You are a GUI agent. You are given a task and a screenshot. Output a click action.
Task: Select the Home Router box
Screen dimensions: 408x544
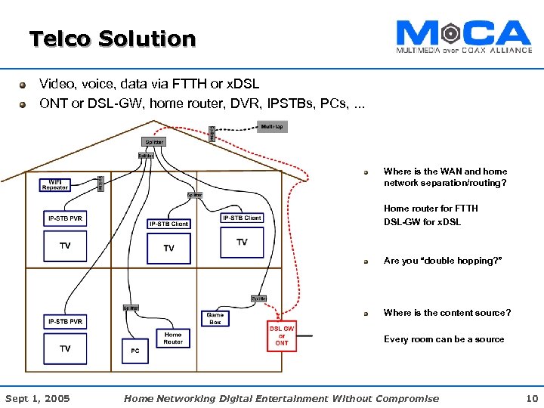point(173,338)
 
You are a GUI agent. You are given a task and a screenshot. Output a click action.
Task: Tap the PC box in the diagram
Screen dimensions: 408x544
point(135,351)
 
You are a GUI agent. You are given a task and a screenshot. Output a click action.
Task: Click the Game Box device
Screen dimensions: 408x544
point(215,318)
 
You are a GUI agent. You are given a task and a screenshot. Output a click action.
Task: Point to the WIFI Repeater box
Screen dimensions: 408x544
point(55,184)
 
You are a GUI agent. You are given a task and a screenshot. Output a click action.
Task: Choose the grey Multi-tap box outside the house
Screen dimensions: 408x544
point(272,126)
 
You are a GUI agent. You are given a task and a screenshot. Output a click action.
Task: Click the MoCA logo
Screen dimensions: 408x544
point(463,36)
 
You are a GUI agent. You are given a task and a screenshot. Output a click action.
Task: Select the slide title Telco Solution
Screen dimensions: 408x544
point(112,39)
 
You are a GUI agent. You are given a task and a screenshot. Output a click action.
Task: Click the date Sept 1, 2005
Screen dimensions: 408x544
point(37,398)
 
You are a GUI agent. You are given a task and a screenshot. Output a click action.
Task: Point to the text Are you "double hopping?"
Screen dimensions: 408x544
point(442,261)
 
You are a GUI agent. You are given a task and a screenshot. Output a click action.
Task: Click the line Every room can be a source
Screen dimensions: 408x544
point(444,339)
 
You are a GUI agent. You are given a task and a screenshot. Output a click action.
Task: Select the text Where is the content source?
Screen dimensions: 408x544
point(447,313)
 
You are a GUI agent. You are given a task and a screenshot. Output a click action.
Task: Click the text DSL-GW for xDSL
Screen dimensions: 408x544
point(422,221)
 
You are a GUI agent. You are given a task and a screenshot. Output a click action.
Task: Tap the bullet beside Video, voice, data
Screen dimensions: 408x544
point(24,85)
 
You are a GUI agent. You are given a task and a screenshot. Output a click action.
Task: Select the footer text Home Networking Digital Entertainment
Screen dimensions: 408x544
point(280,398)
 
